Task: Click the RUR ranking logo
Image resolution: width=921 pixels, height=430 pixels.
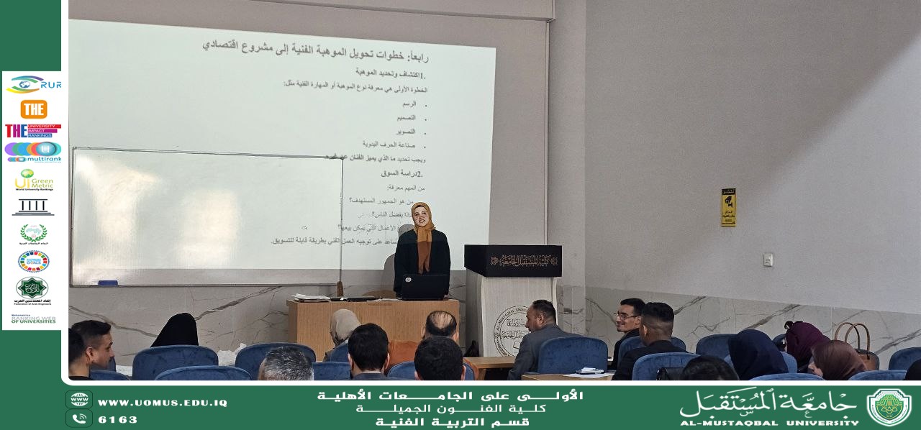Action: click(34, 85)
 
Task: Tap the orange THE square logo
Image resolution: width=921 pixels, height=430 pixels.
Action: click(34, 109)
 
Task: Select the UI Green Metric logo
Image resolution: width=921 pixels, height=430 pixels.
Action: click(33, 180)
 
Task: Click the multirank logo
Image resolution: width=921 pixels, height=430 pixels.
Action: click(33, 152)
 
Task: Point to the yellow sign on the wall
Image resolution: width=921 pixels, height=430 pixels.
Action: click(728, 207)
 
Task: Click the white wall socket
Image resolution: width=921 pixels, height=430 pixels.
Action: click(768, 259)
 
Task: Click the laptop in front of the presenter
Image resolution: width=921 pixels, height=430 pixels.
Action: click(424, 287)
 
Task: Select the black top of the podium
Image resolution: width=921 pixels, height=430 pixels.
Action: click(512, 260)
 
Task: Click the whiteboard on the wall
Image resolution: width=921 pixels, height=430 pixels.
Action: click(207, 216)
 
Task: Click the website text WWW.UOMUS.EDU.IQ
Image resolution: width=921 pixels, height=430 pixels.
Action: click(162, 403)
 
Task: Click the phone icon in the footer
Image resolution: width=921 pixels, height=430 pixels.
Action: click(79, 418)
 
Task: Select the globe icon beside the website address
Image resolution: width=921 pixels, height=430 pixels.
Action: click(79, 401)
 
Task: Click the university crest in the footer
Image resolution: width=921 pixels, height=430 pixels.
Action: click(889, 406)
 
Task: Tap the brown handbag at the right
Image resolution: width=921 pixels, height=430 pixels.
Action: click(856, 343)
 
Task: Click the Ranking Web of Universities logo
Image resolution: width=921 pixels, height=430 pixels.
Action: click(33, 319)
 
